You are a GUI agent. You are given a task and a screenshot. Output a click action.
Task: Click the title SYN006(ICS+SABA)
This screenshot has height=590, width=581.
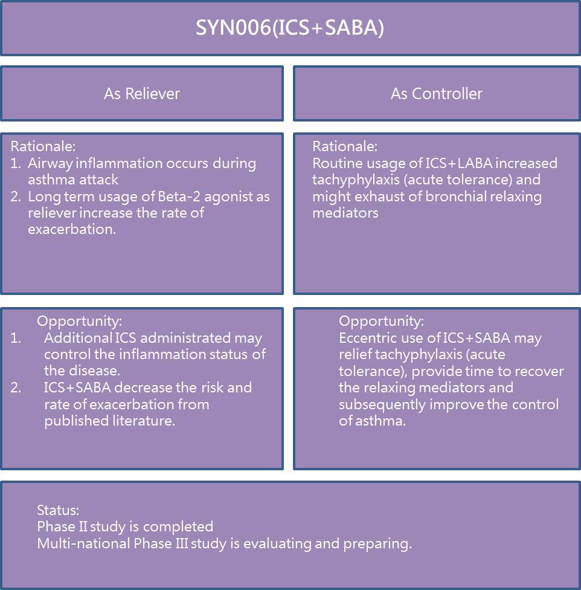290,28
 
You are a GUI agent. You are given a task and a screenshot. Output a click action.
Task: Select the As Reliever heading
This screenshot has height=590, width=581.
142,94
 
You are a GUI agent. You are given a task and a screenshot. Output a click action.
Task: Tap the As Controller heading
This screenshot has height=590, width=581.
437,94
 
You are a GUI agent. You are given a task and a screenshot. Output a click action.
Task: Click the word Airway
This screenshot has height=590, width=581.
48,164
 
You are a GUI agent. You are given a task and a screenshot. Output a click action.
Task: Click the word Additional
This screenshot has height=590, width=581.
77,338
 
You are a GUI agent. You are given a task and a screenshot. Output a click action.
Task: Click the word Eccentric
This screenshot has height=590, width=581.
367,338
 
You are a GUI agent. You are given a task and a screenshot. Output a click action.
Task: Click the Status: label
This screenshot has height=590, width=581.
58,510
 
